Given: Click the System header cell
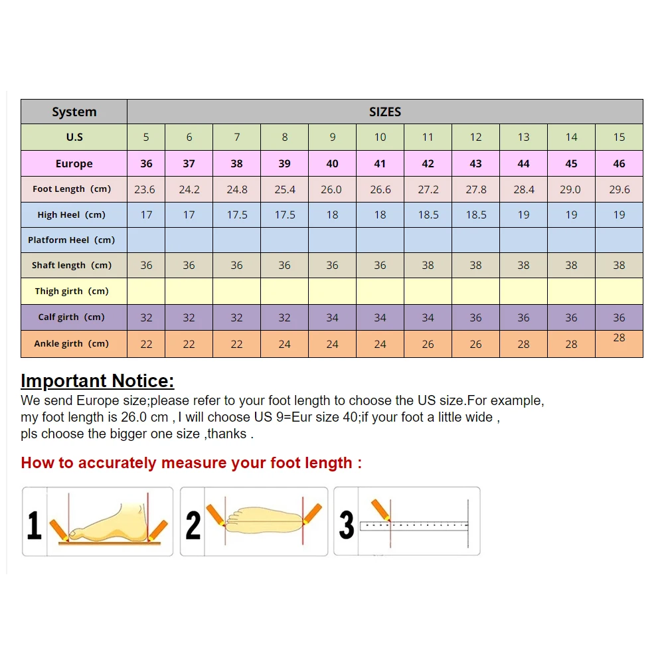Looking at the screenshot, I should [74, 112].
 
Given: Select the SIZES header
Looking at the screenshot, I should [385, 112].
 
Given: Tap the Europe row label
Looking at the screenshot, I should [74, 164].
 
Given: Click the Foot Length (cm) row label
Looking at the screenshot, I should [72, 189].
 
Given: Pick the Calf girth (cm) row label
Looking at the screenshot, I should [71, 317].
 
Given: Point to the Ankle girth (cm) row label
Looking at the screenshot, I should [71, 344].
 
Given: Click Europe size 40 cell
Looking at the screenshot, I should [332, 164].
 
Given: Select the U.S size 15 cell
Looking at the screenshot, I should [619, 137].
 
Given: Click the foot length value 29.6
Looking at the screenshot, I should [619, 190].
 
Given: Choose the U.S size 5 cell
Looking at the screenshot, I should [146, 137].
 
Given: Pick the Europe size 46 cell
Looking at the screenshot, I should [619, 164].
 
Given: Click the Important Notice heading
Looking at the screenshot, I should [97, 381].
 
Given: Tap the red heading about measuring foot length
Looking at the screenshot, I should [191, 463].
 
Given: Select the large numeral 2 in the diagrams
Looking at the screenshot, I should [193, 524].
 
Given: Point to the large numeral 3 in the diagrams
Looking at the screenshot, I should [347, 524].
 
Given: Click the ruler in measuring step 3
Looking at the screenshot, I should [415, 526].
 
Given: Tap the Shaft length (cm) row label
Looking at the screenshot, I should [71, 266].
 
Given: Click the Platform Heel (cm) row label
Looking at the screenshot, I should [71, 240].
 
